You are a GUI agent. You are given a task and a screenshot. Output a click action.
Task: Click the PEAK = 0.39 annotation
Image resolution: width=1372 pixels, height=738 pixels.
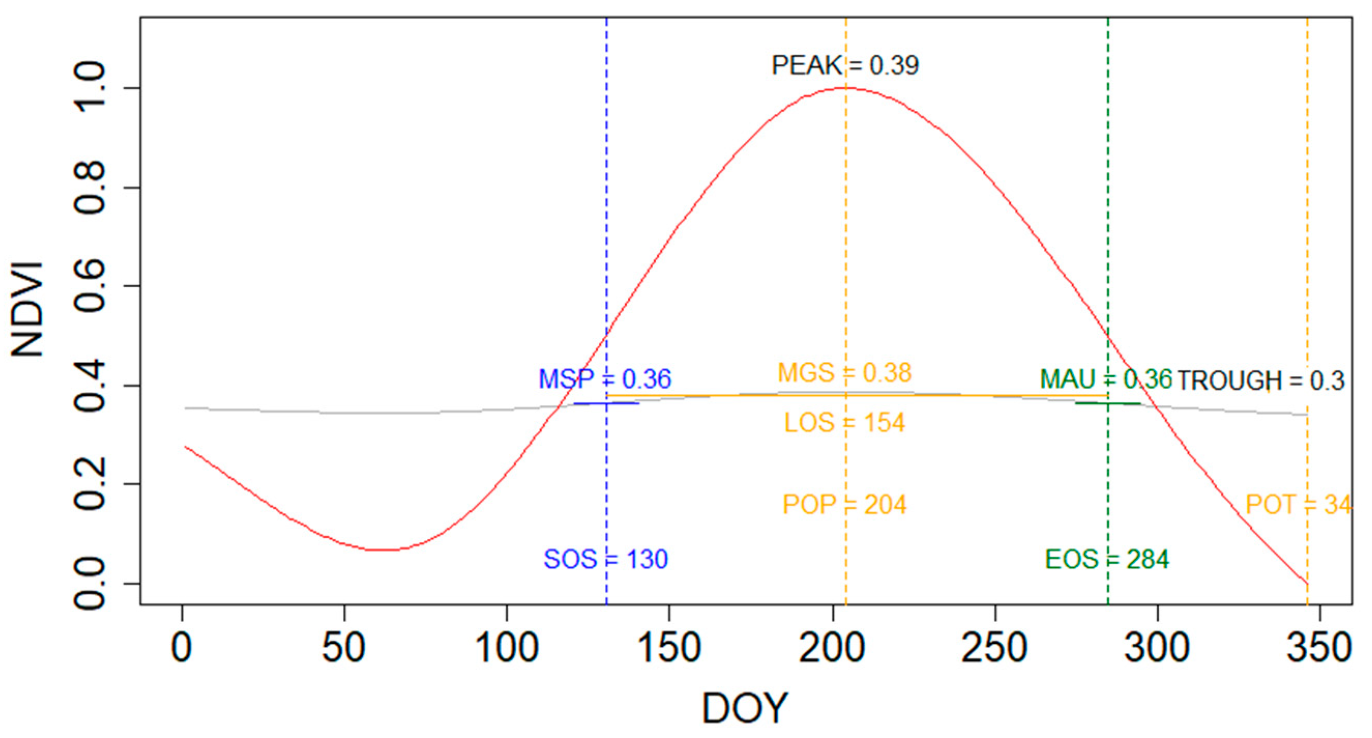tap(845, 66)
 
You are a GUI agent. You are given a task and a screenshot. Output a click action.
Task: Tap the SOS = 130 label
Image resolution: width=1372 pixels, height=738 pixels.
tap(606, 559)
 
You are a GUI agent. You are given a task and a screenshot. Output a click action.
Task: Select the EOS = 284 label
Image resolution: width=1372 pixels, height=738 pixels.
tap(1107, 559)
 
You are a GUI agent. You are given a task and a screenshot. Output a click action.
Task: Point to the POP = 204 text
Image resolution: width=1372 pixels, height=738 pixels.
tap(844, 505)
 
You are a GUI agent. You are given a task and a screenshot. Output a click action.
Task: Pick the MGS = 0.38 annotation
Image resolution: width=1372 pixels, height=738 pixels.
tap(845, 373)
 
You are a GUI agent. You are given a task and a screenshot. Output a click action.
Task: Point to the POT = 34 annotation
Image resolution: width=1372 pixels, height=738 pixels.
tap(1298, 505)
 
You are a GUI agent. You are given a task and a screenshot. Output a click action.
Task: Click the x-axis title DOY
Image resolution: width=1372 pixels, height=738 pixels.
tap(744, 708)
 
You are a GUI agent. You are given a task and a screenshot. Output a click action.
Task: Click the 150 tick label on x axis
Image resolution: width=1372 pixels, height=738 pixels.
tap(669, 648)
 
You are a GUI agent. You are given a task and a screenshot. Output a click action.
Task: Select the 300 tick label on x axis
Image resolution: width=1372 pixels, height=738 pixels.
tap(1157, 648)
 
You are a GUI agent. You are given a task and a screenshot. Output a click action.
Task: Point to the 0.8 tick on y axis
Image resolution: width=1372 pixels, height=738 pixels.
tap(90, 188)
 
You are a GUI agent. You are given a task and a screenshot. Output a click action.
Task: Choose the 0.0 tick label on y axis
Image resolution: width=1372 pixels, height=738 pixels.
tap(90, 584)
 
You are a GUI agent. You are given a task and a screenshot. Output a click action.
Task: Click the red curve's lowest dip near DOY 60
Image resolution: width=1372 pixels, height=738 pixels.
tap(381, 550)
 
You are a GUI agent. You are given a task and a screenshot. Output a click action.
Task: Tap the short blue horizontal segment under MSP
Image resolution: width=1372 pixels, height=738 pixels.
tap(606, 403)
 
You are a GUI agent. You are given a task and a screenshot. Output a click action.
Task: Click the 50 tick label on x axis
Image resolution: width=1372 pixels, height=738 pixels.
tap(344, 648)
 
